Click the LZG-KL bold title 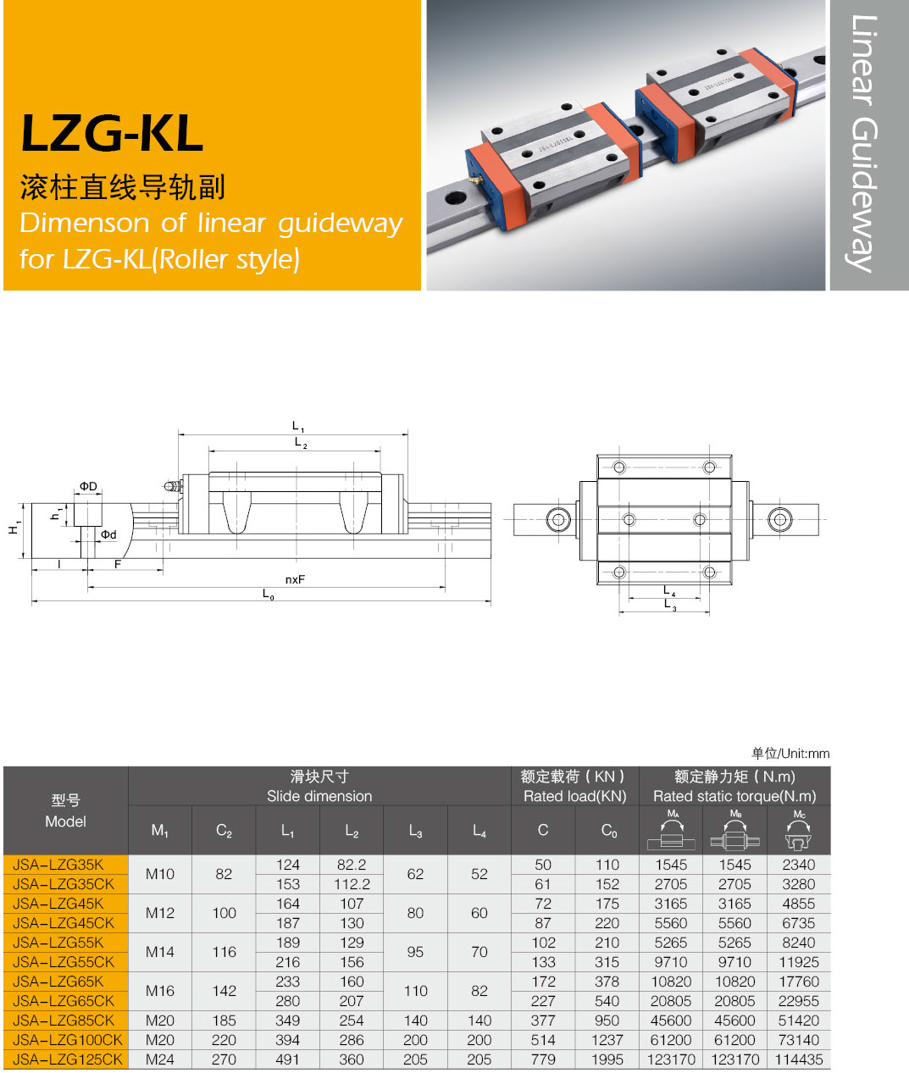click(x=112, y=134)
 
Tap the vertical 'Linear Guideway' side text click(x=864, y=143)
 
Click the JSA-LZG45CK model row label click(x=64, y=923)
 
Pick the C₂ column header click(x=224, y=831)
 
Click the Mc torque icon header click(x=799, y=830)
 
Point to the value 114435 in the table click(x=799, y=1059)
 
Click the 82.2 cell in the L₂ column click(x=352, y=865)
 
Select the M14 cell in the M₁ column click(x=160, y=952)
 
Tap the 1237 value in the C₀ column click(x=607, y=1040)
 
